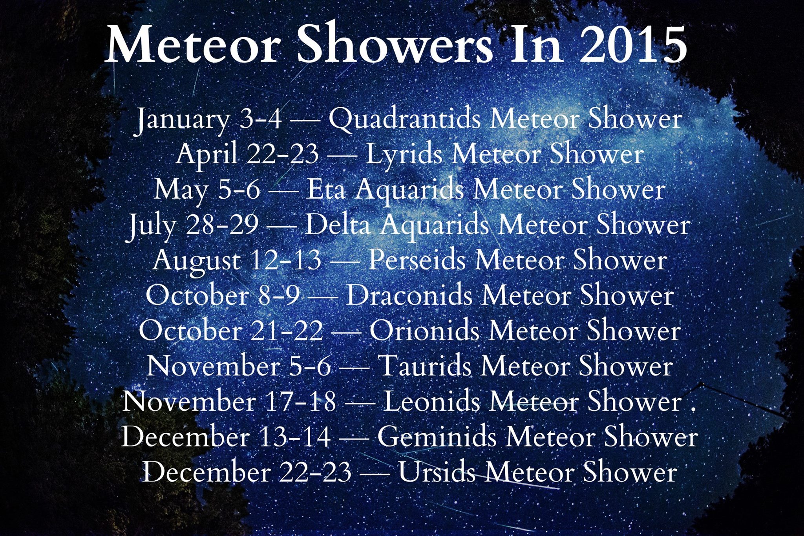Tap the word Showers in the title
click(x=396, y=44)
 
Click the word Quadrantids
click(x=404, y=119)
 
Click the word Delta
click(x=338, y=225)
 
